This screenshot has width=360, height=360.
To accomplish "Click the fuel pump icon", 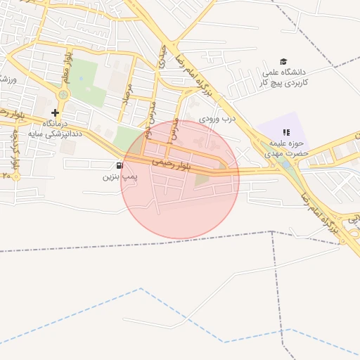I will [x=117, y=166].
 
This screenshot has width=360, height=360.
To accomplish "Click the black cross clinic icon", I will [x=56, y=112].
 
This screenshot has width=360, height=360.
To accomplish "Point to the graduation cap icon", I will [x=284, y=62].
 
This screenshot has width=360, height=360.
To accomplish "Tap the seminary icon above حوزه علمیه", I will [x=286, y=131].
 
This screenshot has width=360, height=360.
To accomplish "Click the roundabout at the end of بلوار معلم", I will [x=65, y=94].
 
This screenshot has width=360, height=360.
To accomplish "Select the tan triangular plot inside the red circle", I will [x=202, y=180].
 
